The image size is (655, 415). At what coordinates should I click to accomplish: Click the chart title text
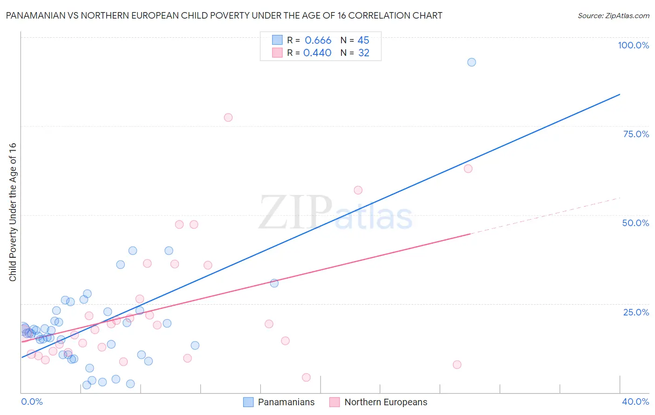point(224,15)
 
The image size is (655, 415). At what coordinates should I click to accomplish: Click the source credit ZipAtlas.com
point(613,15)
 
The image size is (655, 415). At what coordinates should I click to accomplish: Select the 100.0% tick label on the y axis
point(633,45)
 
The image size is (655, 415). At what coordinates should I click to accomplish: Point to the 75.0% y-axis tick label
point(636,134)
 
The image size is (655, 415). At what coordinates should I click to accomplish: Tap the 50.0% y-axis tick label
point(635,223)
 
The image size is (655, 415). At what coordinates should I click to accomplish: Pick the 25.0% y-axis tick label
point(636,312)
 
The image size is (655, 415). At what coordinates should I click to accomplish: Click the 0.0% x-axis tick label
point(32,402)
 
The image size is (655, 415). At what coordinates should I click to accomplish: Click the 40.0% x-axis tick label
point(635,402)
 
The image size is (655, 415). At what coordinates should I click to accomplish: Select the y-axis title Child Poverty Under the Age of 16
point(13,212)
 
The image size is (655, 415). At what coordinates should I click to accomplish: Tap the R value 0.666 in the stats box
point(318,40)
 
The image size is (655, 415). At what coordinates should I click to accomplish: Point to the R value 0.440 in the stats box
point(317,53)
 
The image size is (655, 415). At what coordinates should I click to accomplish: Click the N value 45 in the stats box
point(363,40)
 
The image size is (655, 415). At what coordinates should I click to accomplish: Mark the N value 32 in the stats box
point(364,53)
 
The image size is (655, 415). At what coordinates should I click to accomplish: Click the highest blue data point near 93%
point(471,62)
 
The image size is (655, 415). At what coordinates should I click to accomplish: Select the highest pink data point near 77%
point(228,117)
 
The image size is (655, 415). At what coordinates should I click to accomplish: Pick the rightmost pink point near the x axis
point(457,365)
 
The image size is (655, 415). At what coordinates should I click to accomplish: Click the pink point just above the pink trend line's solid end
point(468,168)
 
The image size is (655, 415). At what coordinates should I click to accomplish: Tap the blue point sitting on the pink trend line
point(274,283)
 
